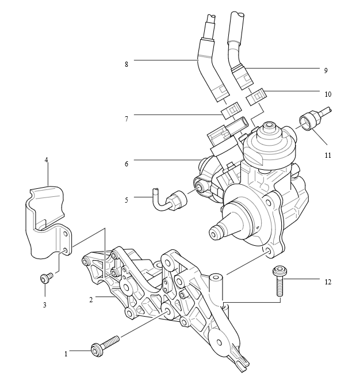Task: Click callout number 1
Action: (x=66, y=353)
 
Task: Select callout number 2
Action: (x=91, y=299)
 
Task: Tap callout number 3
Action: (x=44, y=305)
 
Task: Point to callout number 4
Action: (x=47, y=159)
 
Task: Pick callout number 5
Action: (x=126, y=200)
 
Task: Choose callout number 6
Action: (x=126, y=164)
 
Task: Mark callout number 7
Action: (x=126, y=119)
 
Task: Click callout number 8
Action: (x=126, y=64)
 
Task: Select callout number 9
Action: (x=325, y=70)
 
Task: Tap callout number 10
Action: (x=328, y=93)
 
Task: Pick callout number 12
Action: (x=328, y=282)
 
